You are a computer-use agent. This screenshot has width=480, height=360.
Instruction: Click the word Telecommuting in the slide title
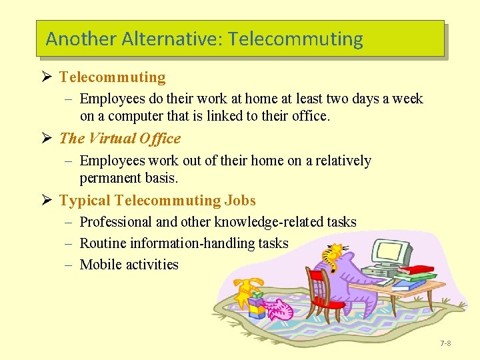point(295,39)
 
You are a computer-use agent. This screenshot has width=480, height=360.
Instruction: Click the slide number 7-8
point(445,343)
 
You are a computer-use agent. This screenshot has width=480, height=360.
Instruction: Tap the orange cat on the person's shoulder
point(333,253)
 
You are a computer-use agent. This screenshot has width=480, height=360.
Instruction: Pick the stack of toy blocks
point(257,305)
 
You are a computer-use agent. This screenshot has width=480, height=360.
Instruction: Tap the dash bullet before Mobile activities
point(69,265)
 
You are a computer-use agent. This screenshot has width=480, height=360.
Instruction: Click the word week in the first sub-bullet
point(407,99)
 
